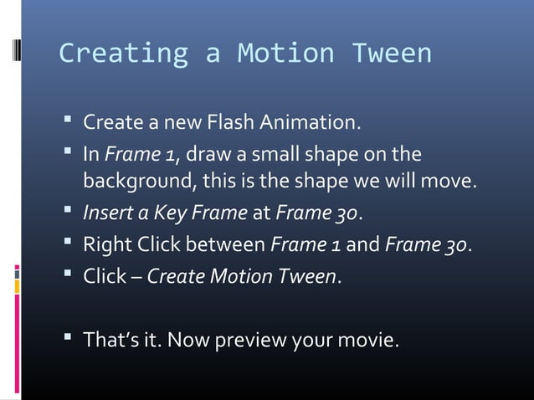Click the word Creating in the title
(x=123, y=54)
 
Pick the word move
(x=452, y=181)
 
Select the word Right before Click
(x=105, y=245)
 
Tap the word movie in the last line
(x=368, y=341)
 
